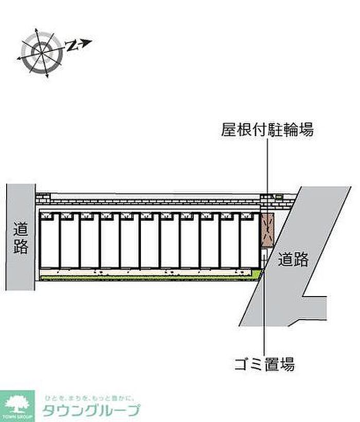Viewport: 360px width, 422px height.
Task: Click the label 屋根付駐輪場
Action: tap(267, 129)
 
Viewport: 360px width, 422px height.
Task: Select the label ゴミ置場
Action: tap(264, 365)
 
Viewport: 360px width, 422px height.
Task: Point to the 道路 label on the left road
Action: tap(21, 237)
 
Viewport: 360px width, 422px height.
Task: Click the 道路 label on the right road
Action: tap(293, 260)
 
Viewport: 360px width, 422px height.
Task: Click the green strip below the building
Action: tap(149, 278)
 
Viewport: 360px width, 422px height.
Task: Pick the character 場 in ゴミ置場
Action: tap(287, 365)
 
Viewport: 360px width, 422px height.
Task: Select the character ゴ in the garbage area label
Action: tap(241, 365)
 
